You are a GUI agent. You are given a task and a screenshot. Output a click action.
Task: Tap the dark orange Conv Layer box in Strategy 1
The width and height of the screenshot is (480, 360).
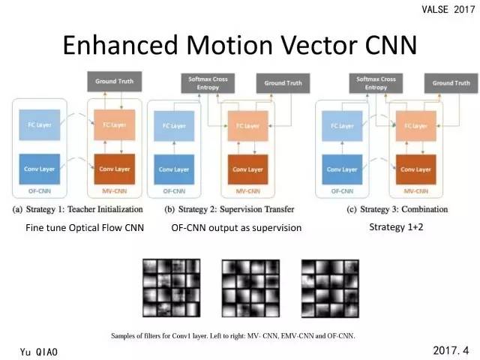point(109,169)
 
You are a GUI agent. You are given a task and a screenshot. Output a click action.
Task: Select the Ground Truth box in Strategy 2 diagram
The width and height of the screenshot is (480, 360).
point(280,82)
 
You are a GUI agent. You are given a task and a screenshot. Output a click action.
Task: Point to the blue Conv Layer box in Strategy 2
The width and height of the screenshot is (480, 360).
point(173,169)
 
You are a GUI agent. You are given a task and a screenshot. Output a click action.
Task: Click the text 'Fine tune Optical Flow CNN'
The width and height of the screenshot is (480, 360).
point(84,228)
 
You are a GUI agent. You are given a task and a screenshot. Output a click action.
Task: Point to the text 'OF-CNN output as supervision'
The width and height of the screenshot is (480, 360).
point(236,228)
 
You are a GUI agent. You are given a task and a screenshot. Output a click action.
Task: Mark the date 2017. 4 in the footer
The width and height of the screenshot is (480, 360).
point(451,350)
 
